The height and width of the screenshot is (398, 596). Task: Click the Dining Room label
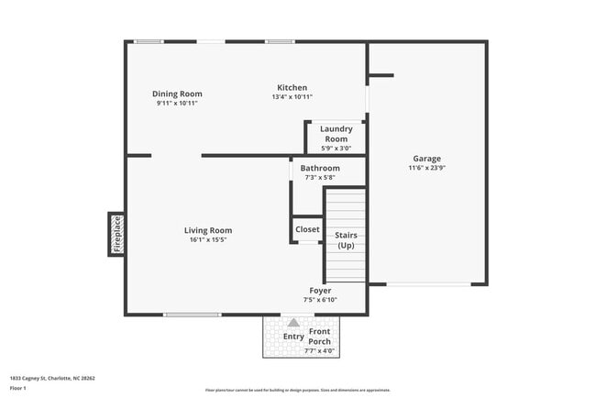177,94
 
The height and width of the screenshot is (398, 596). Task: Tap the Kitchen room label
292,88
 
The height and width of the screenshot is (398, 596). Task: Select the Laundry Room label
336,134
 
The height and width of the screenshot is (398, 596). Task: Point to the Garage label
426,159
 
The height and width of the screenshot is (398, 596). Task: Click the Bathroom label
320,169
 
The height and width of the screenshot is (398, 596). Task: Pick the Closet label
307,229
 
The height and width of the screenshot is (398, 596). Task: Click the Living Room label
208,230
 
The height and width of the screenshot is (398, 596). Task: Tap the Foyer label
320,291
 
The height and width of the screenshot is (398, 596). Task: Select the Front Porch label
320,337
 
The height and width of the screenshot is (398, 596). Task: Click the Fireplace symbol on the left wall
116,234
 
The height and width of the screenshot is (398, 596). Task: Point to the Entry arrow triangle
293,323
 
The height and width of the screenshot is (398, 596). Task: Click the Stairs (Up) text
346,240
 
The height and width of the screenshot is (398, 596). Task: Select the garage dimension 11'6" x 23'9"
426,168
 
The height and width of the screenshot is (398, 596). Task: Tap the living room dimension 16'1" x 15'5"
208,240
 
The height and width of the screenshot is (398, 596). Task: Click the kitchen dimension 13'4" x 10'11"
292,97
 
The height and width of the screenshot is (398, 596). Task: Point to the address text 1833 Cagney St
52,377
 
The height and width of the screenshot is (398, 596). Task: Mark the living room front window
192,315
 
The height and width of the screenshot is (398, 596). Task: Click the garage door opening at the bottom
428,284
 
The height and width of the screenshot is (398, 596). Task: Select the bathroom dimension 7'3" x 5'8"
320,178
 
